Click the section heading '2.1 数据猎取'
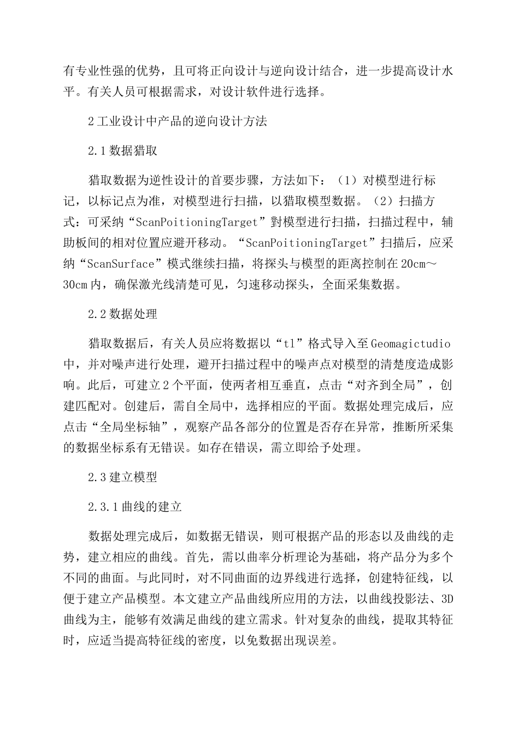pos(123,151)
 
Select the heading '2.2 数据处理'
pos(123,314)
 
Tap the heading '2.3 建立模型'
pos(123,477)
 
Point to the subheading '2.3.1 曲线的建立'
pos(135,507)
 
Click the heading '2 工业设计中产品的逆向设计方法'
pos(178,121)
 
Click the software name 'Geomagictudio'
pos(411,344)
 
